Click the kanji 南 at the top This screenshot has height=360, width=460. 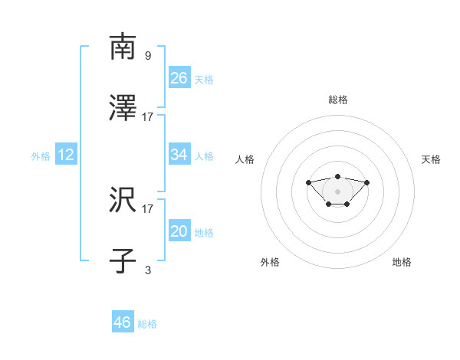123,47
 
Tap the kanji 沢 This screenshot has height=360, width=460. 123,200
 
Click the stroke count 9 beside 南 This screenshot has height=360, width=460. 147,55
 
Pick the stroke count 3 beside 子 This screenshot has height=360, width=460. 147,270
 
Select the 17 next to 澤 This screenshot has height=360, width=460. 148,116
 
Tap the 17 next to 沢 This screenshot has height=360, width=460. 148,208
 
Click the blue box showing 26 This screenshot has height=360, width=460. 179,77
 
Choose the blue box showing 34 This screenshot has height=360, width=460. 179,155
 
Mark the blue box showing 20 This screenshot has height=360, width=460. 179,231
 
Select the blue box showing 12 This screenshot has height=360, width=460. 66,155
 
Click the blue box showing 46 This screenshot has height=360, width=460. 123,322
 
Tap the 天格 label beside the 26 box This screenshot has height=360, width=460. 204,79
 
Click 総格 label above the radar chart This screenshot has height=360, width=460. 337,100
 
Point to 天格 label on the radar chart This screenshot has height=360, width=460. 431,159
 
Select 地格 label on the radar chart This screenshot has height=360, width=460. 402,262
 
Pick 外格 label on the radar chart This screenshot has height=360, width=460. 270,262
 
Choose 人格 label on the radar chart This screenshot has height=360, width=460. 245,159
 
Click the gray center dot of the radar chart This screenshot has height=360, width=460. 337,191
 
